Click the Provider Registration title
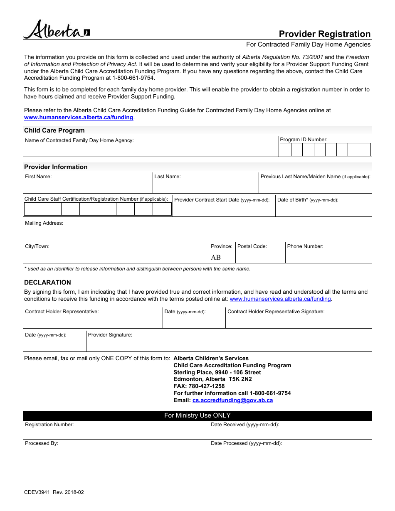[324, 34]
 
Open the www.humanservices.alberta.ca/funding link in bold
[79, 118]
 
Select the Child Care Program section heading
[54, 130]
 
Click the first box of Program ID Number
[286, 150]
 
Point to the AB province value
[216, 258]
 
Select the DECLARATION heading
[47, 283]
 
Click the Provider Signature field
[229, 344]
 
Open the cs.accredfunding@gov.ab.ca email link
[232, 400]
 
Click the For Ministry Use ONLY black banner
[197, 416]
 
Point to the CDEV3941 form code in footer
[37, 492]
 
